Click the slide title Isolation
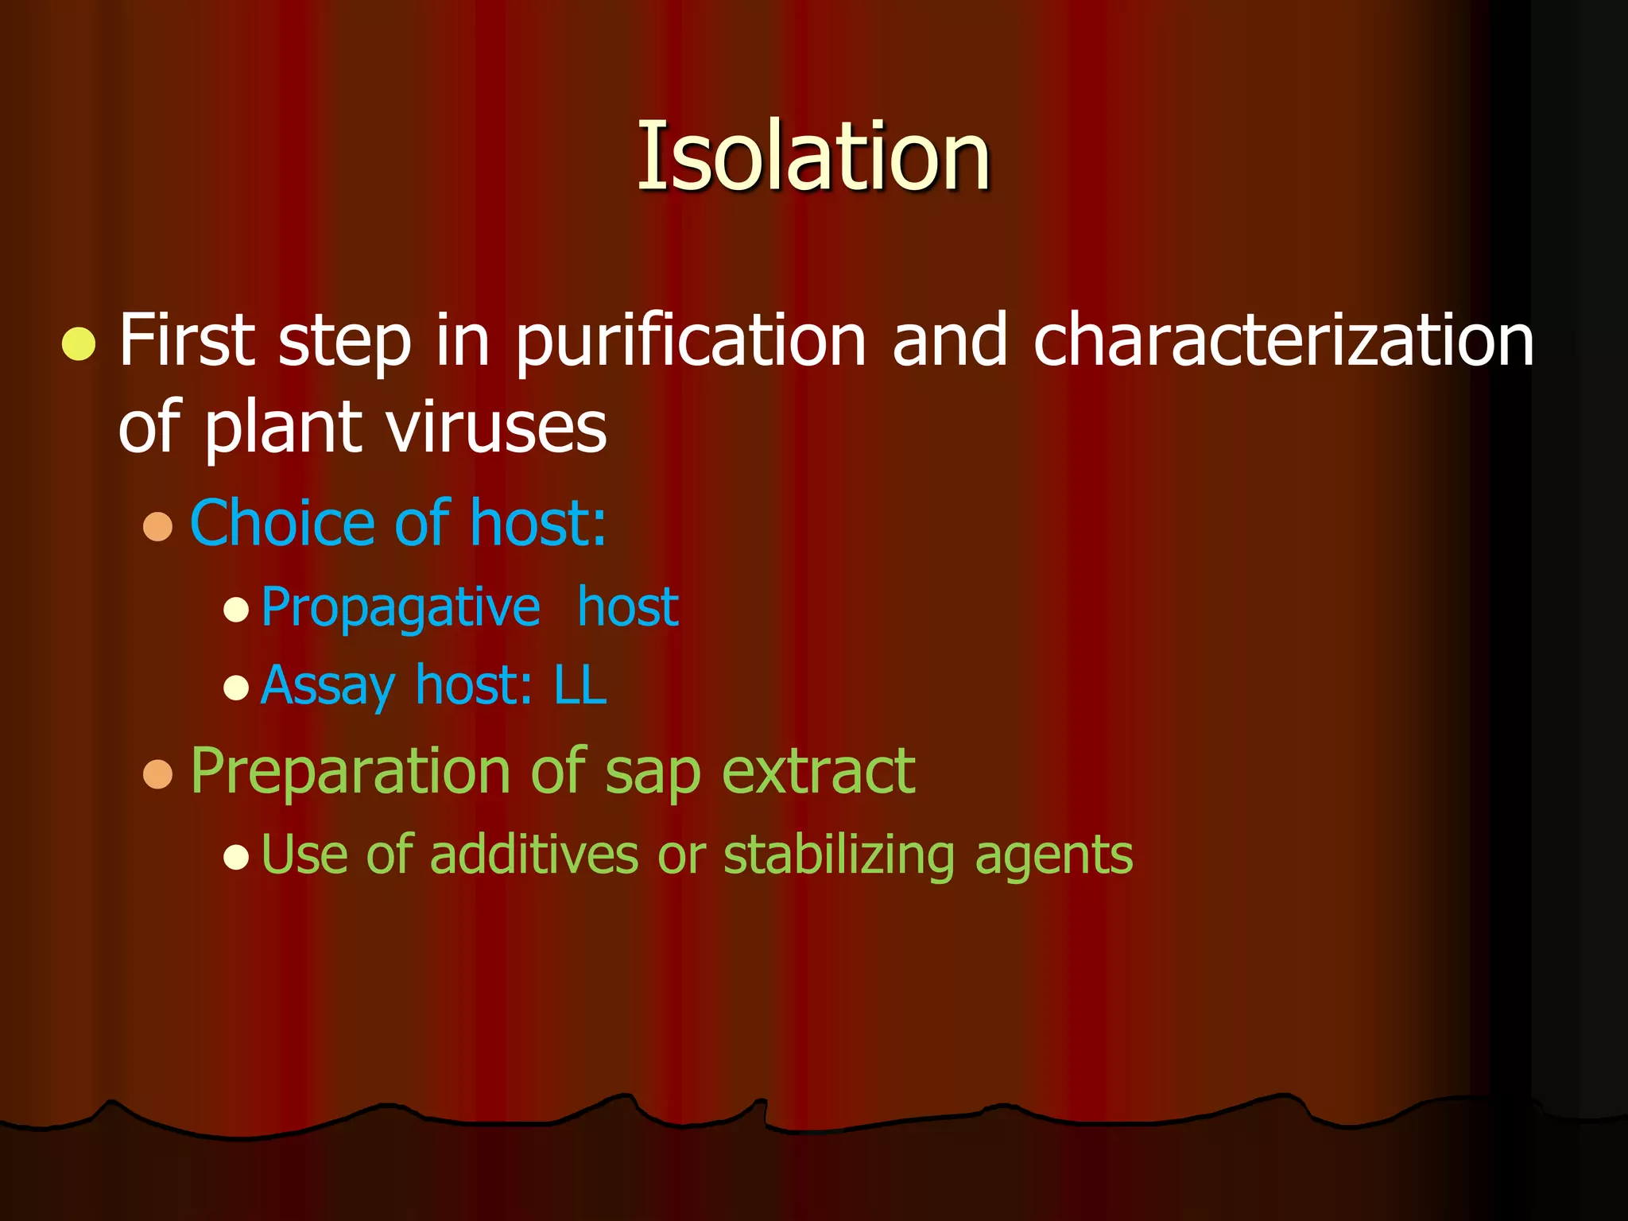pos(813,156)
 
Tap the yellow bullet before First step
pos(79,344)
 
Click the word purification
pos(690,342)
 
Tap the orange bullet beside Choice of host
pos(158,526)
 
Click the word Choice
pos(281,523)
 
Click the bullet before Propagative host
pos(236,610)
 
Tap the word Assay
pos(328,686)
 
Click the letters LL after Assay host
pos(580,685)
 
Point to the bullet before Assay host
pos(236,687)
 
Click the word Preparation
pos(351,772)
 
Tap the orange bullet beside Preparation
pos(158,773)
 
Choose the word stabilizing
pos(839,856)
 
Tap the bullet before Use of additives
pos(236,857)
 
